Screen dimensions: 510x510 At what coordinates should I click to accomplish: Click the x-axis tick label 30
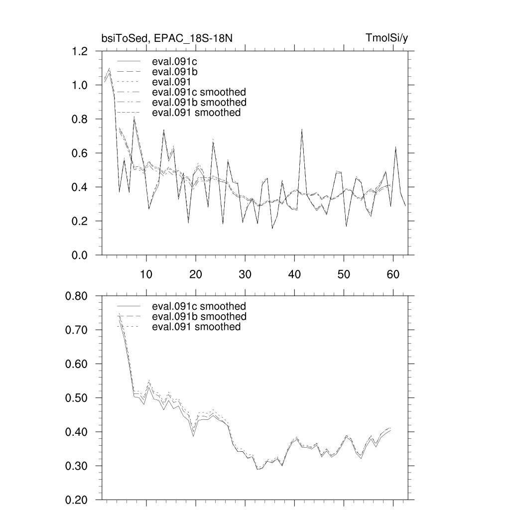point(245,274)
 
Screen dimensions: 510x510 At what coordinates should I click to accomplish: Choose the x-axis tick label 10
point(146,274)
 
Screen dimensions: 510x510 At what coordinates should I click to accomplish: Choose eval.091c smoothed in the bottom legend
point(199,306)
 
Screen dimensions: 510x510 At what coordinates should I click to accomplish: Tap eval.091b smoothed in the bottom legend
point(199,317)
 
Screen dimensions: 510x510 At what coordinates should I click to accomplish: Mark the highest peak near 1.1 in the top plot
point(109,69)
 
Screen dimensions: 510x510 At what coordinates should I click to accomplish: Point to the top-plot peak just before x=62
point(395,147)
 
